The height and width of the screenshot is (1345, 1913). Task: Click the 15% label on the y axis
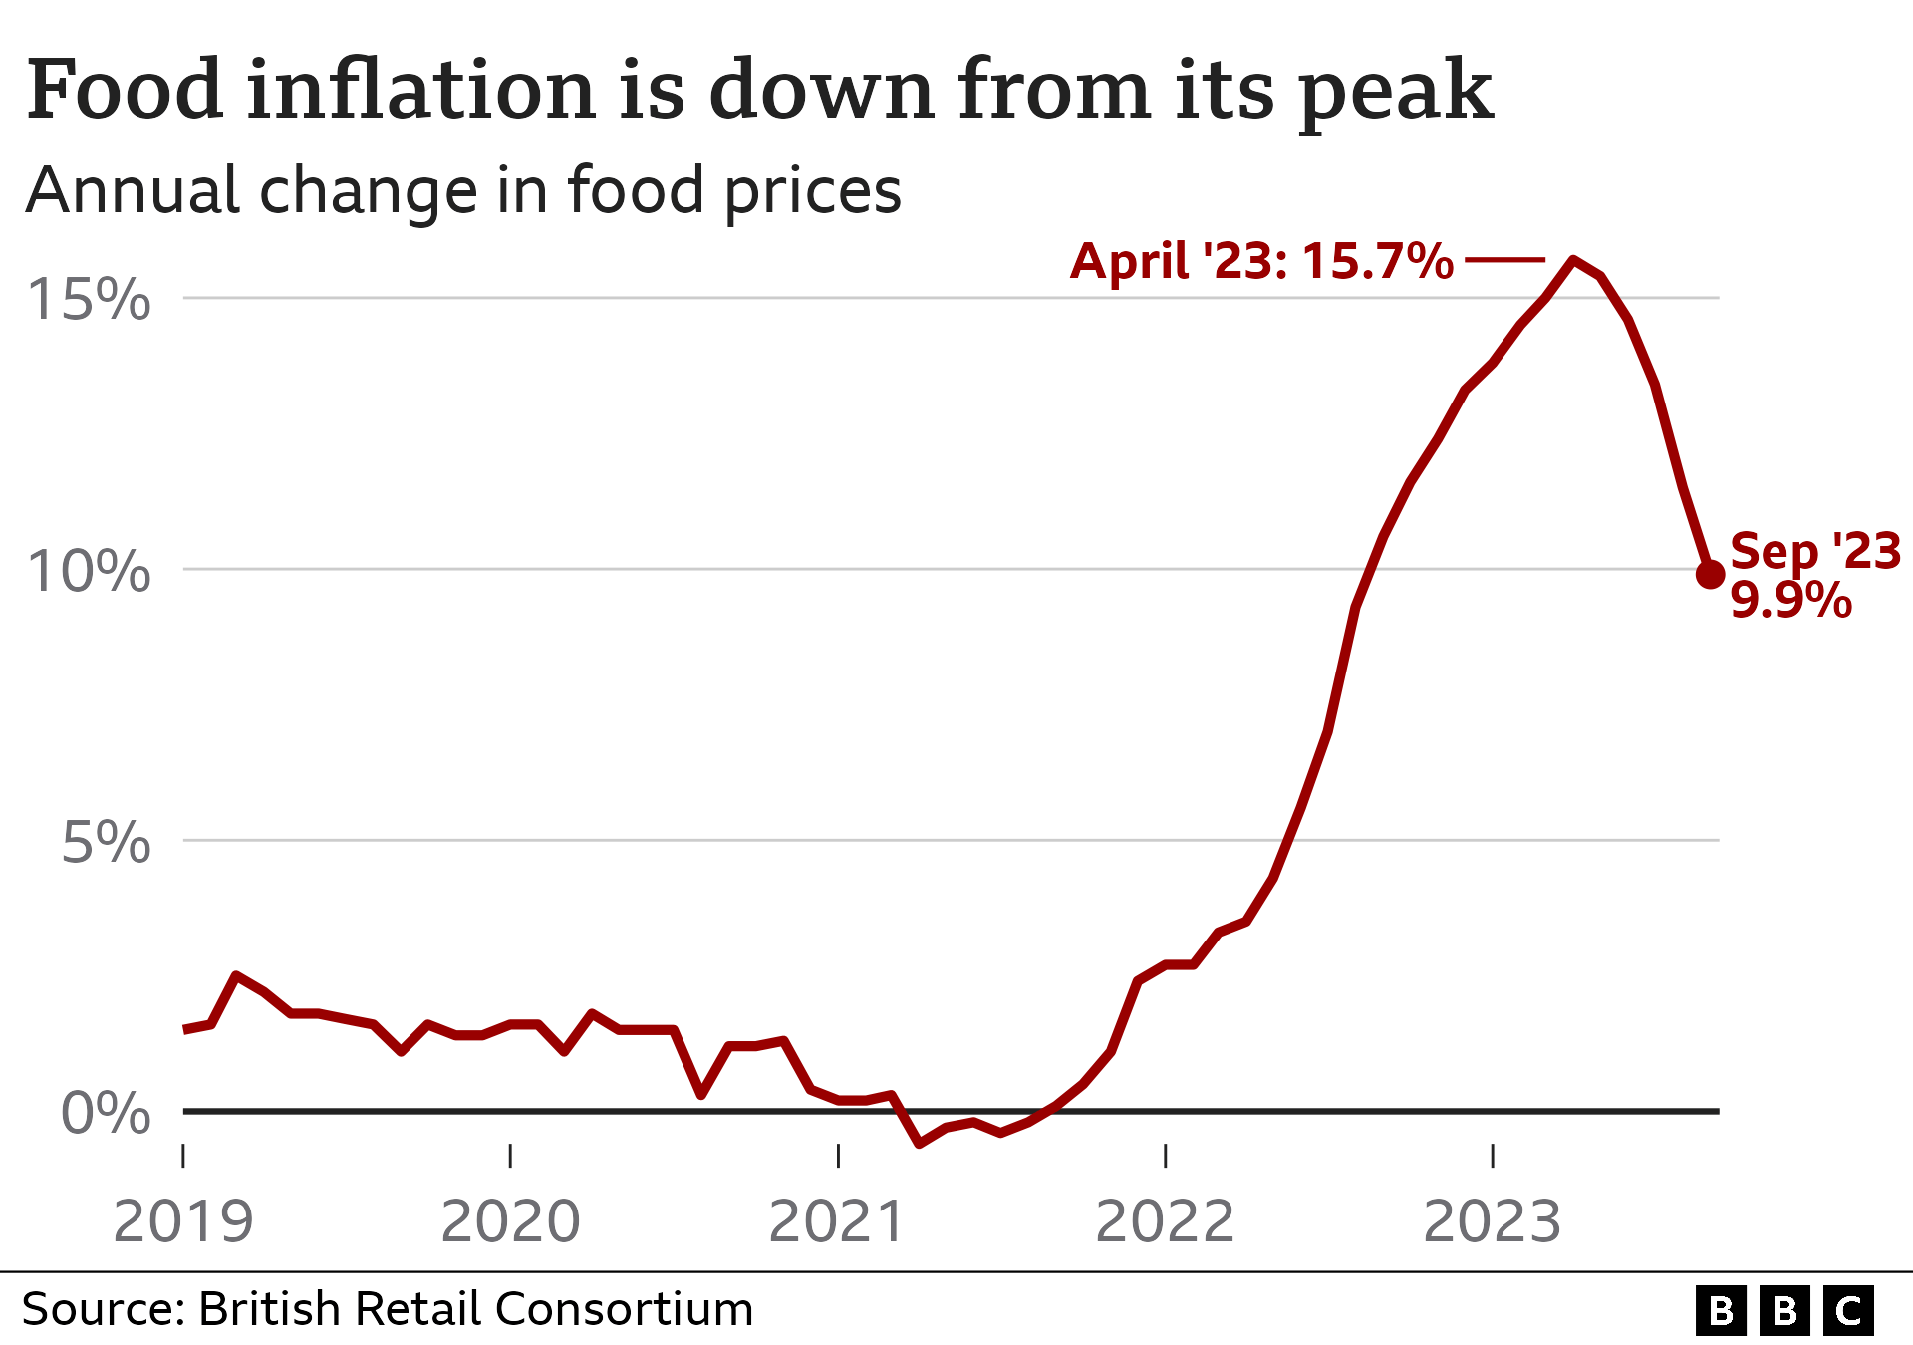tap(90, 299)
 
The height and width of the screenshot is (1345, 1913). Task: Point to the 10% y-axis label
tap(90, 572)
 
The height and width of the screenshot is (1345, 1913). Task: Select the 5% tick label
tap(106, 843)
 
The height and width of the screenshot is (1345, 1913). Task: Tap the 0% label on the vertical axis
tap(106, 1114)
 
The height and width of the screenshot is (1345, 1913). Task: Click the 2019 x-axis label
tap(183, 1221)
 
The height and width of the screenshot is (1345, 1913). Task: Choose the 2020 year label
tap(510, 1221)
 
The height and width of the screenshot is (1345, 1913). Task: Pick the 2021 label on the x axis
tap(837, 1221)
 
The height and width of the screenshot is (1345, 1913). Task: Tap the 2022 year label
tap(1165, 1221)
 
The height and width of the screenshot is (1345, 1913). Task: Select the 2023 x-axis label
tap(1492, 1221)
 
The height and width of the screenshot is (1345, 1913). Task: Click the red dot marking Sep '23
tap(1710, 575)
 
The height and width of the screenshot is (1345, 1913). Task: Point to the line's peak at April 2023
tap(1573, 260)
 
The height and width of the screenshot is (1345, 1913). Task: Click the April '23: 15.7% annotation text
tap(1261, 261)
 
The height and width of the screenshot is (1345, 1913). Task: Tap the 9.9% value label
tap(1790, 601)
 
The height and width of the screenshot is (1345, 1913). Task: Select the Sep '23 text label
tap(1815, 551)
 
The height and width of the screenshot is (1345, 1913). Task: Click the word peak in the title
tap(1396, 92)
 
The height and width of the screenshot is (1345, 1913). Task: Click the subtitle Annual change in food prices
tap(463, 190)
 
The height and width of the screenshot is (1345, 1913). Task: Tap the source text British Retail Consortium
tap(475, 1309)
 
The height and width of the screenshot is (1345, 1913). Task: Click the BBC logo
tap(1784, 1311)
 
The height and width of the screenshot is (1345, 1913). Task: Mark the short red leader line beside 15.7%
tap(1504, 260)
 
